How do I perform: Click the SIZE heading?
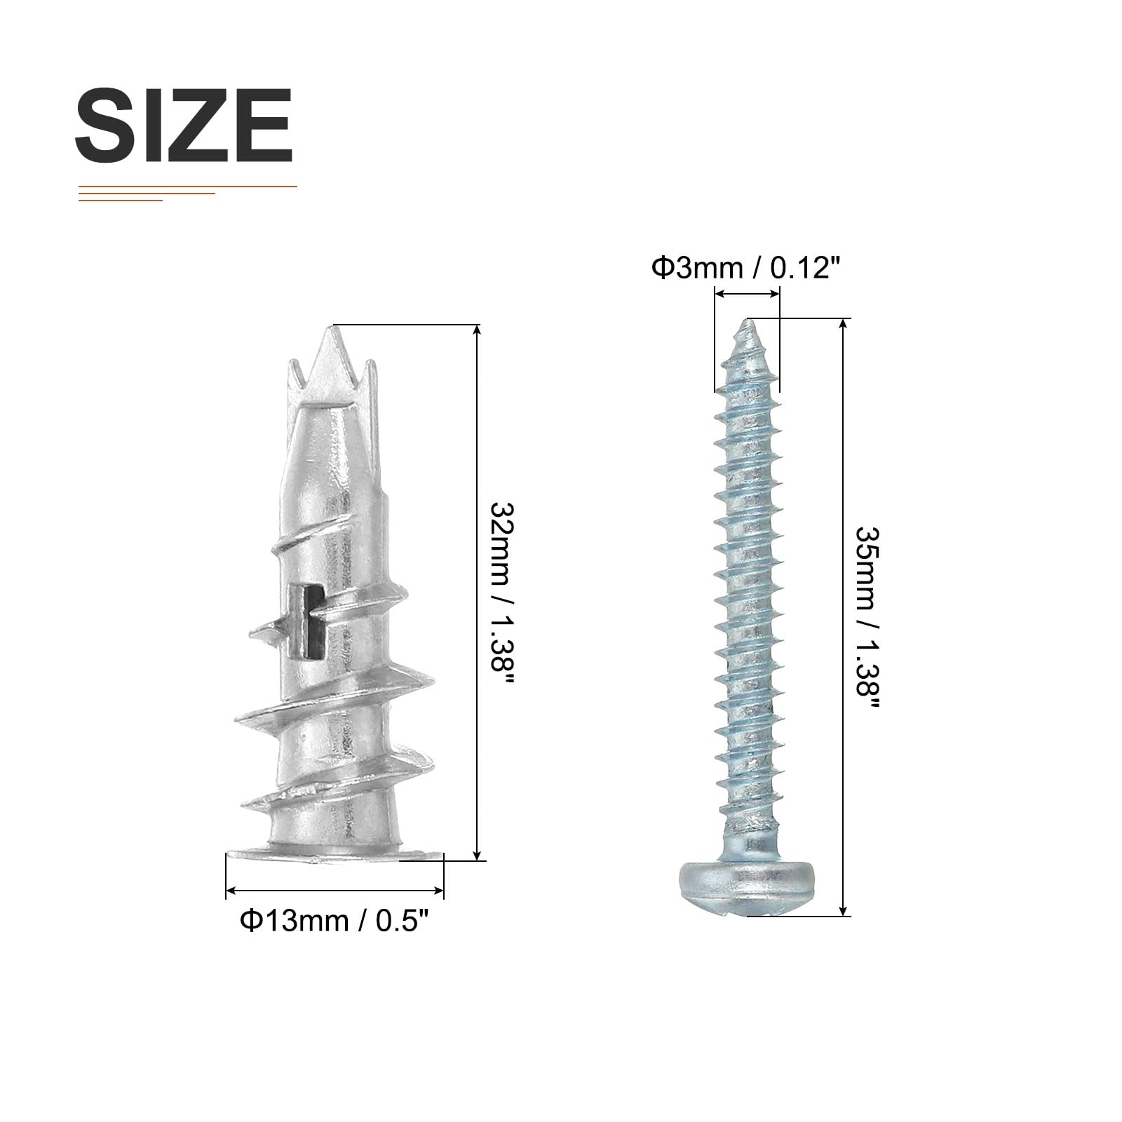tap(184, 126)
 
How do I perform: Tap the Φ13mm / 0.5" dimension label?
tap(334, 921)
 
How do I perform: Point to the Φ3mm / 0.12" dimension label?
tap(745, 267)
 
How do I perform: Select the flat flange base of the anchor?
tap(334, 854)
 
